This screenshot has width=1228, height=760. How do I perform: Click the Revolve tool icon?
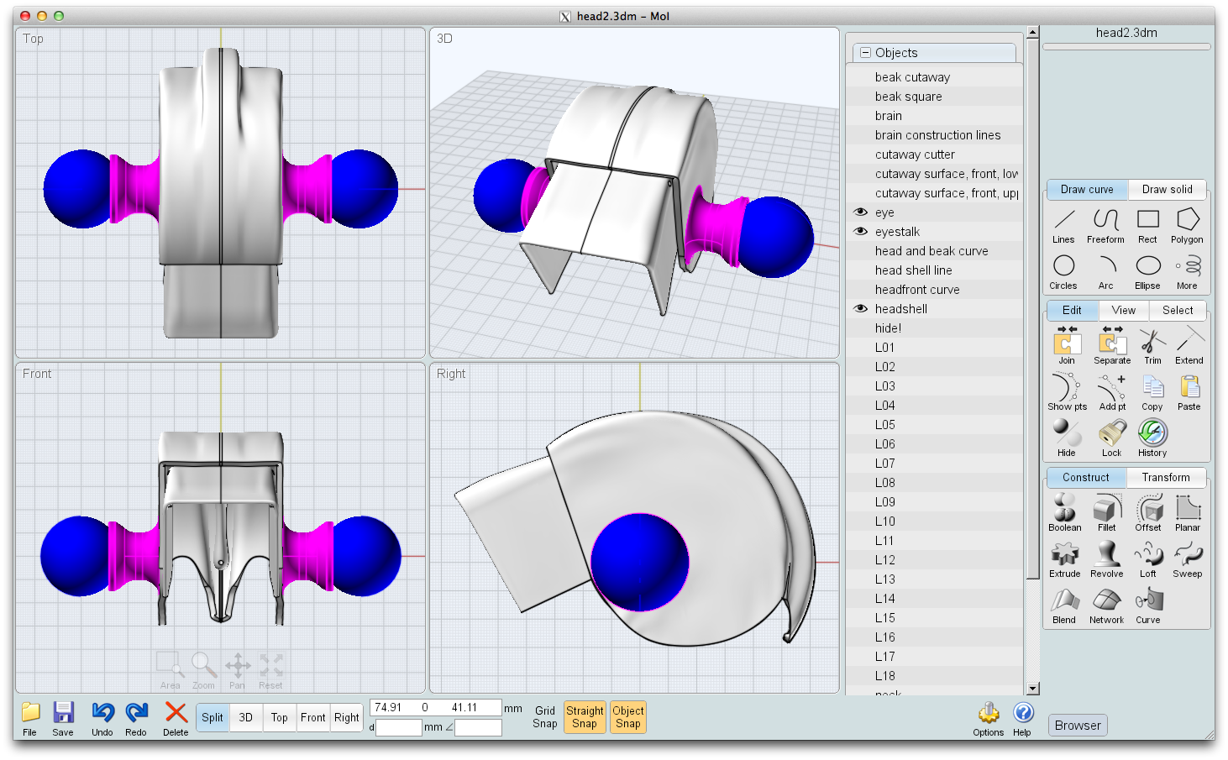click(x=1106, y=554)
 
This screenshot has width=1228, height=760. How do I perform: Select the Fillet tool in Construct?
click(x=1107, y=508)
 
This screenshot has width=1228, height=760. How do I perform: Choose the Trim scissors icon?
click(x=1152, y=341)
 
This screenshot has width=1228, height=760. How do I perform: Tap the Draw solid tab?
click(x=1167, y=190)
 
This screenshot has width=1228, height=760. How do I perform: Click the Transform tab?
click(x=1165, y=478)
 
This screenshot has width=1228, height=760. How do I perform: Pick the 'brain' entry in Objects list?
click(x=888, y=116)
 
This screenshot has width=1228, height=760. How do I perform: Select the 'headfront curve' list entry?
click(x=916, y=290)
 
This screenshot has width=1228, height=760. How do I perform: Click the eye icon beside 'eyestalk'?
click(x=861, y=232)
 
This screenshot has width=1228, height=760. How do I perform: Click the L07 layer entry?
click(x=884, y=464)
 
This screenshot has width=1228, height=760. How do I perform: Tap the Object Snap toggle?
click(x=627, y=717)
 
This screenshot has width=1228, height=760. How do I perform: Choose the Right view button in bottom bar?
click(x=346, y=718)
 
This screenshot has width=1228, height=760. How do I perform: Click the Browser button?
click(x=1077, y=726)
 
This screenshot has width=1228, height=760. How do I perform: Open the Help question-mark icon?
click(x=1022, y=713)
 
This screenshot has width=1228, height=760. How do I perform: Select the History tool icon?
click(x=1152, y=433)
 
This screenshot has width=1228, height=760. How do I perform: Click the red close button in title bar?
click(x=25, y=16)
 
